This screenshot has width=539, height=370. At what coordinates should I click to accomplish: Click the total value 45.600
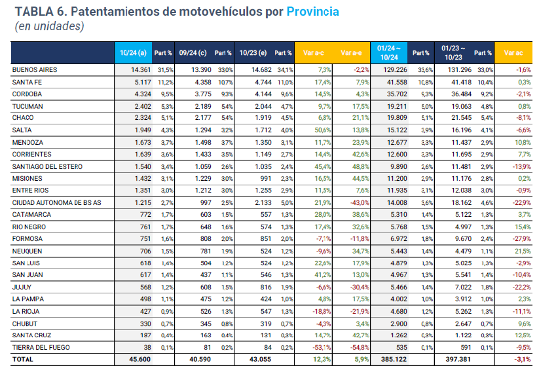138,359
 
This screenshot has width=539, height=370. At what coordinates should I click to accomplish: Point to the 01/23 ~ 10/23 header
453,52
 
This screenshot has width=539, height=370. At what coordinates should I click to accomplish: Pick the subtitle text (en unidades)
49,27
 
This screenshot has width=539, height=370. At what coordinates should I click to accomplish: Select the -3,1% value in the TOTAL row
521,359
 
